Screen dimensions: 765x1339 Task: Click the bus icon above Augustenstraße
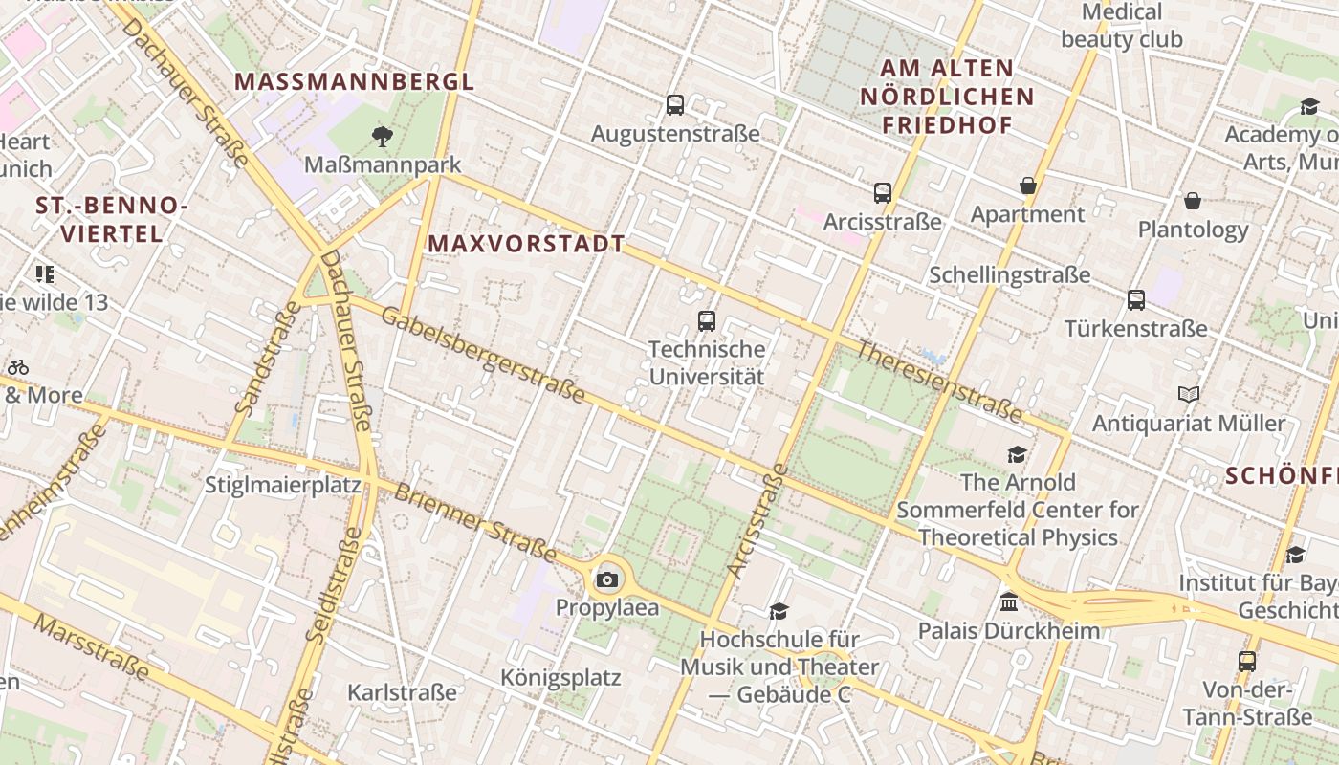click(675, 105)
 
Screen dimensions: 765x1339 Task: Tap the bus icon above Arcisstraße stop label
click(882, 193)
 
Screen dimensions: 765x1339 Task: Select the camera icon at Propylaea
click(606, 579)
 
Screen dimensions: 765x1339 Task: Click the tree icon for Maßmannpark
click(383, 136)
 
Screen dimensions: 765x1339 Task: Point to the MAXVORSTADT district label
click(526, 244)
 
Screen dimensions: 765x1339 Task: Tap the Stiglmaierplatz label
click(283, 485)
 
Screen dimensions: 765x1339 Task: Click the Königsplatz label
click(560, 678)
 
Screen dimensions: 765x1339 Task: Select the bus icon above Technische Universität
click(707, 321)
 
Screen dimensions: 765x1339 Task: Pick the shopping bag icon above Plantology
click(1193, 201)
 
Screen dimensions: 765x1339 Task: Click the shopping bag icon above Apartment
click(1028, 186)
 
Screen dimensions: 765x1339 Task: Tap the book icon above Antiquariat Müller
click(1189, 394)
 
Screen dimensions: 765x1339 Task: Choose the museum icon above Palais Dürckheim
click(1008, 602)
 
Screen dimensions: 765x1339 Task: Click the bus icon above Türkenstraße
click(1136, 300)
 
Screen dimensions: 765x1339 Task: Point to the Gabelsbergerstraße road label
click(483, 355)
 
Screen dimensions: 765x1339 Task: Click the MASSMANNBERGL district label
click(355, 81)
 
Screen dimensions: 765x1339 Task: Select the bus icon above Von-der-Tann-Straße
click(1247, 661)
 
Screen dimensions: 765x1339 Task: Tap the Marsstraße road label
click(92, 648)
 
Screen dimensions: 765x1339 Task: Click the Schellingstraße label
click(1010, 275)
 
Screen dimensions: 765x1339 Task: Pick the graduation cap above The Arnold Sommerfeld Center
click(1017, 455)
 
